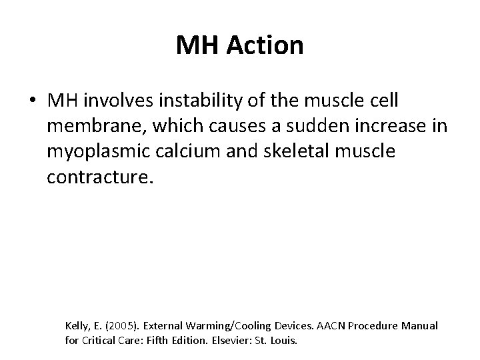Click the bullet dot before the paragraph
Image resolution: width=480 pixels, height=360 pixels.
[x=33, y=101]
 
